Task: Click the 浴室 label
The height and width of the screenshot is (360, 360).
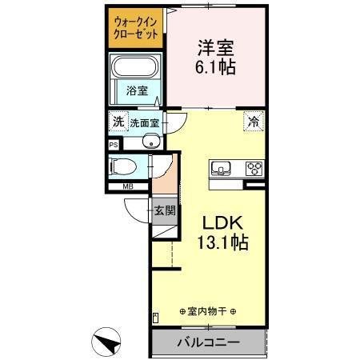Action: [x=138, y=91]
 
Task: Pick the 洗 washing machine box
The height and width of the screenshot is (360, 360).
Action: [x=118, y=122]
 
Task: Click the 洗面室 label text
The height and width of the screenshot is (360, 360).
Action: [x=145, y=123]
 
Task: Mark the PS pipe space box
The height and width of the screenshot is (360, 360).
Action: [x=114, y=146]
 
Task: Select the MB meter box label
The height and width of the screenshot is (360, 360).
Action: [x=128, y=187]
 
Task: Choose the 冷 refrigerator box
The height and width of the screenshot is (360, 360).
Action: [x=253, y=122]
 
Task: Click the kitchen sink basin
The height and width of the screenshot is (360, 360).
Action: [x=221, y=169]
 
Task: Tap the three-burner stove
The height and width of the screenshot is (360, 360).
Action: [x=255, y=168]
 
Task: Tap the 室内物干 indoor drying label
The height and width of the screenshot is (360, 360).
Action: [x=206, y=310]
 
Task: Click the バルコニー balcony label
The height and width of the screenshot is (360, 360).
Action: [x=207, y=343]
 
